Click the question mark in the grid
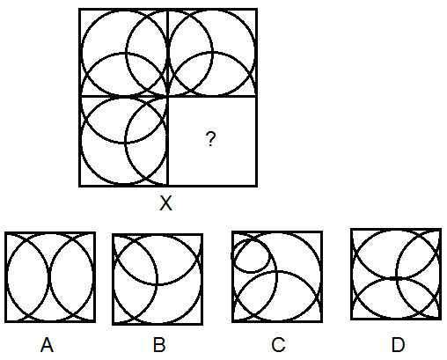point(210,139)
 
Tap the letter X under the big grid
point(165,203)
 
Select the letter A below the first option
point(47,345)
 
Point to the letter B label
point(159,345)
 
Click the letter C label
point(278,345)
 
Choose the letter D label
point(398,345)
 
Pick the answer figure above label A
point(50,277)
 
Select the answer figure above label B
point(158,279)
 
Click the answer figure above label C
point(277,276)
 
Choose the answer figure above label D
point(396,274)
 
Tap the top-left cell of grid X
point(124,53)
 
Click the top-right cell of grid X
point(213,53)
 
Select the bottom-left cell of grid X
point(124,142)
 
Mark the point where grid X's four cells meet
point(168,96)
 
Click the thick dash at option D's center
point(395,278)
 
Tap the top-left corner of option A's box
point(5,232)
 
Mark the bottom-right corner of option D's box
point(441,319)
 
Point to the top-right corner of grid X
point(257,10)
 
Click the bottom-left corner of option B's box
point(113,325)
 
